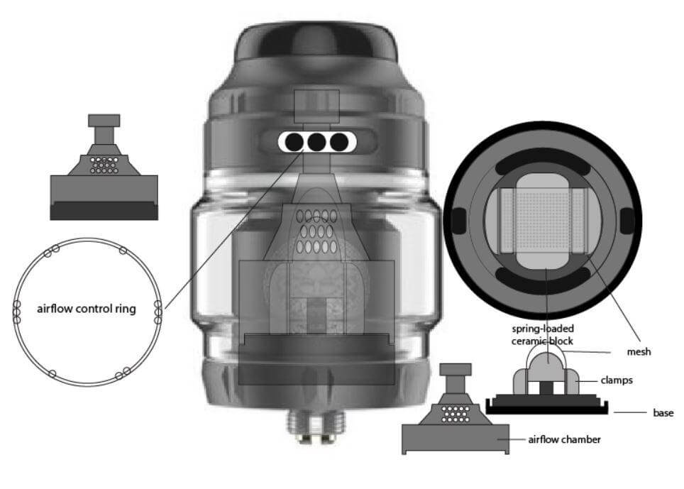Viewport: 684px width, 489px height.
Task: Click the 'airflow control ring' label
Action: [x=85, y=309]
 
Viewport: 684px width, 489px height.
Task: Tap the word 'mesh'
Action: [x=639, y=351]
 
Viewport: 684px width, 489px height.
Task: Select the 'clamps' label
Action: [x=615, y=380]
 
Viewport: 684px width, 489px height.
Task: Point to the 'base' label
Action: [x=663, y=412]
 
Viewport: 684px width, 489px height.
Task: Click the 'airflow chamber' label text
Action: [x=564, y=439]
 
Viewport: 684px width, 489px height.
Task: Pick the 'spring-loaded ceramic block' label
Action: [x=543, y=334]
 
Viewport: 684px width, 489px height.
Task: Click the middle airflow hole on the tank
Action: [x=316, y=143]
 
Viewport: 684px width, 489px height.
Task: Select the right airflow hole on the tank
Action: [x=340, y=143]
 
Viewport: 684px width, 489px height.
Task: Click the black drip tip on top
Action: [x=316, y=43]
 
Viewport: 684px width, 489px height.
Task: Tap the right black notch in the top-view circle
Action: [x=627, y=221]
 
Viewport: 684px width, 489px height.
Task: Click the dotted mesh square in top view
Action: [x=543, y=216]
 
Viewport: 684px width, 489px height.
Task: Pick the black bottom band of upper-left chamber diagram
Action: [x=104, y=210]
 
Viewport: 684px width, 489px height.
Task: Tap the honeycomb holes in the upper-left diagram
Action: [x=104, y=165]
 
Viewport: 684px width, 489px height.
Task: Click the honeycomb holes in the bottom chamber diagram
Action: [x=455, y=414]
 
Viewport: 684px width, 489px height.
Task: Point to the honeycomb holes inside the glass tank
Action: [x=316, y=231]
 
